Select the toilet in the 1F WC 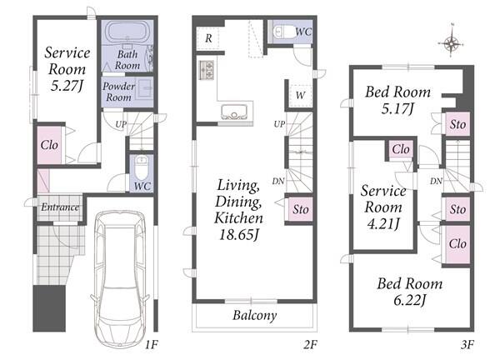point(142,167)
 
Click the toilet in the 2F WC point(283,32)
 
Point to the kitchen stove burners point(207,70)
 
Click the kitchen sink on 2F point(234,112)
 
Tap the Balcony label point(254,315)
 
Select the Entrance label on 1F point(60,207)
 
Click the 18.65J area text point(238,235)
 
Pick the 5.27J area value point(67,86)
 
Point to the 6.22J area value point(410,300)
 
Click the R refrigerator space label point(208,38)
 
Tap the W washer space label point(300,95)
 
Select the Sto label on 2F point(301,209)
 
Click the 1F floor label point(152,344)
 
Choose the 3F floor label point(467,344)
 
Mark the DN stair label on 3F point(436,181)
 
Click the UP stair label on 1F point(121,124)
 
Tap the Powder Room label point(118,92)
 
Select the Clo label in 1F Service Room point(49,145)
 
